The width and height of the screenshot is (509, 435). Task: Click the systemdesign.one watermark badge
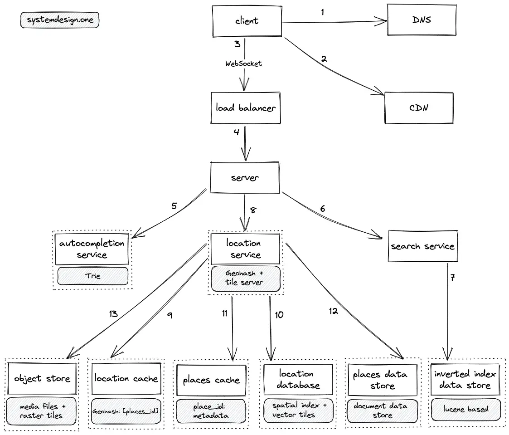60,20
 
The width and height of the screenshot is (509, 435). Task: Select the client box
247,21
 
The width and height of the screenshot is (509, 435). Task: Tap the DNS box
422,20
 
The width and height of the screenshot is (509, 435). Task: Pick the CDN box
419,108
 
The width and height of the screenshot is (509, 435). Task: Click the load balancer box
246,108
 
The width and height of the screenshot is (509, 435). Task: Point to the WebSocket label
244,64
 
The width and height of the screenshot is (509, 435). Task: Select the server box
245,178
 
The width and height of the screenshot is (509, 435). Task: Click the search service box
422,246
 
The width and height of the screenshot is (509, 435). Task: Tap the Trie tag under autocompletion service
93,276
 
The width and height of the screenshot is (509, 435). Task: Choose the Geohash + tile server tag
245,279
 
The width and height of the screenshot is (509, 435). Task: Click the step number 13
113,314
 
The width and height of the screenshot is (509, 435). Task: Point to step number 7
452,278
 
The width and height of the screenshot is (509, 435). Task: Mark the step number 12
334,311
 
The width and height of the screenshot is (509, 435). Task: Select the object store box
42,378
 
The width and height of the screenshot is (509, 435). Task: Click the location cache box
126,378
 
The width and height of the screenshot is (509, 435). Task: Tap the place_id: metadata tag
211,411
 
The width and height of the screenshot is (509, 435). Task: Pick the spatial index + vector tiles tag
298,411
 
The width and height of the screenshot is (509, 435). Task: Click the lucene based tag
466,409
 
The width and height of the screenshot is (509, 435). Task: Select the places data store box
383,380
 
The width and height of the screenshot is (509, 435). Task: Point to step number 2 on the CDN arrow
324,59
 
